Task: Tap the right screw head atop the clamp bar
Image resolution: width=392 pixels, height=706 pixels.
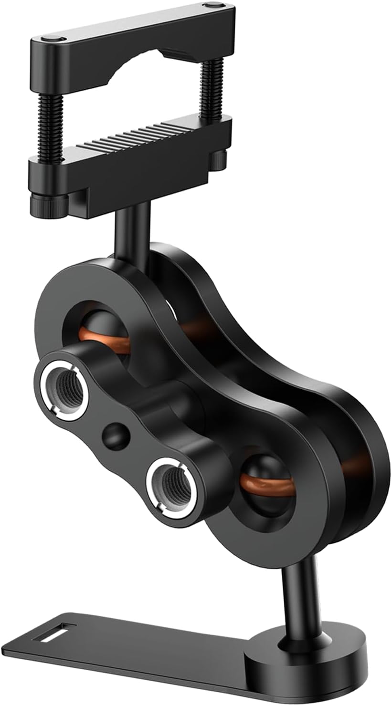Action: point(211,6)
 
